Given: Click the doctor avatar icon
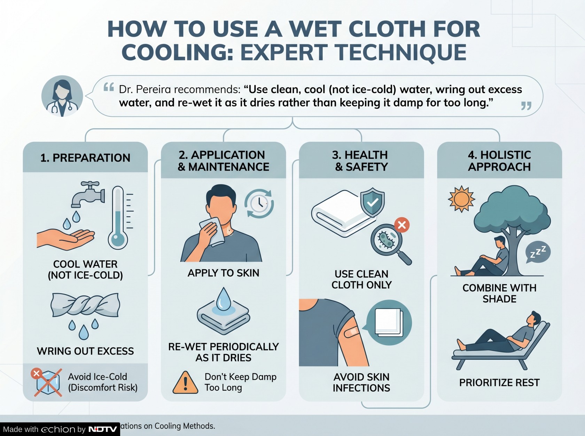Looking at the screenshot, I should pos(62,96).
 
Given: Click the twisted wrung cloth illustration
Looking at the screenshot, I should pos(85,305).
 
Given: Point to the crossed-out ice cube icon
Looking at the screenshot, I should pos(48,382).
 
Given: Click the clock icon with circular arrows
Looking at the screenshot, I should pos(259,204).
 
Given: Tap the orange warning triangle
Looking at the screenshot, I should pos(185,382).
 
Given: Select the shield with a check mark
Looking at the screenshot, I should pos(373,202).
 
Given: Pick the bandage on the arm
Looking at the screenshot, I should pos(352,332).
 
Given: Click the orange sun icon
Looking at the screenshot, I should pos(461,199).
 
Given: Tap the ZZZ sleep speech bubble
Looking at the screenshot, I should pos(538,252).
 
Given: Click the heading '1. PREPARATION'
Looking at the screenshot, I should pos(85,158).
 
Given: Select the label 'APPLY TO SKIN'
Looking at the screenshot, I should pos(223,273).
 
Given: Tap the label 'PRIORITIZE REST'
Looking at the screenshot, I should pos(499,383).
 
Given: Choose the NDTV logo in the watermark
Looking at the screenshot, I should pos(103,429).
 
